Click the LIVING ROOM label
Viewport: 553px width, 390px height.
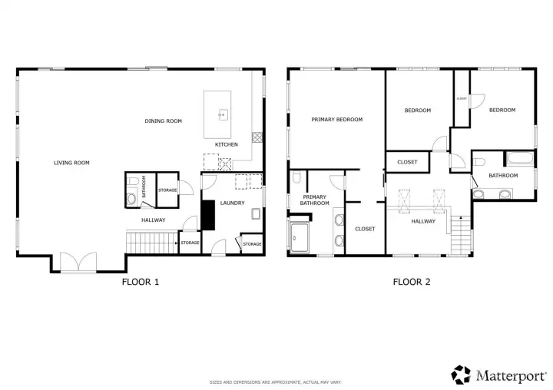pos(71,163)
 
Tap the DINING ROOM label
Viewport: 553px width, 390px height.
pos(164,121)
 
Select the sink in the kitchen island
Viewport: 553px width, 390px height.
pos(222,115)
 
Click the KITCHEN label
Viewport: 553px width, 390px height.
pos(227,144)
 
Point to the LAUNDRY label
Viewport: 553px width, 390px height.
pos(232,203)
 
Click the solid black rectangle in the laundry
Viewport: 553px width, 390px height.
pos(207,215)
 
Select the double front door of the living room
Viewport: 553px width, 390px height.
pos(76,263)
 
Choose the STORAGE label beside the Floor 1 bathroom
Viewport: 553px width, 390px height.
pos(168,190)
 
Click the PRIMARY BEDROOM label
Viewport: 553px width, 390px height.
pos(336,120)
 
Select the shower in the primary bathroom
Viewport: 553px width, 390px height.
pos(300,237)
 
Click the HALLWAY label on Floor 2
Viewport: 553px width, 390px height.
pos(423,221)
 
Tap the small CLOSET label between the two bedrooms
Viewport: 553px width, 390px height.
pos(462,98)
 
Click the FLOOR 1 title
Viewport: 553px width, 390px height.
pos(141,282)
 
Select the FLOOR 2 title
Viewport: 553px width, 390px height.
pos(412,282)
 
